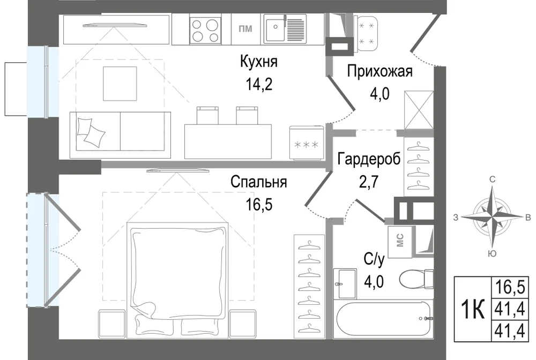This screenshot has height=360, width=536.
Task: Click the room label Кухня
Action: coord(259,62)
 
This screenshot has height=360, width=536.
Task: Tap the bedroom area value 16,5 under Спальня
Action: coord(259,205)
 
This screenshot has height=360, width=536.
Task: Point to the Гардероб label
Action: coord(369,159)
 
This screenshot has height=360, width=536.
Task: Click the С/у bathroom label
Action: coord(374,259)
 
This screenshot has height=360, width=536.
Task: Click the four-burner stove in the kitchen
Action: coord(204,29)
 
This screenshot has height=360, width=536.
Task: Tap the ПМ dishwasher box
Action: coord(245,29)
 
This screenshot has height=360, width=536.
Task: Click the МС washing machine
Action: coord(400,241)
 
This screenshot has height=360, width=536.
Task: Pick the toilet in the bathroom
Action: coord(416,279)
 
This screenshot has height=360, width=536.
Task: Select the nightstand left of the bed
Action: coord(112,324)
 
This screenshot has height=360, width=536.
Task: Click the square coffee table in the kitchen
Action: coord(120,84)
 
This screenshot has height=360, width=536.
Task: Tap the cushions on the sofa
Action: coord(91,132)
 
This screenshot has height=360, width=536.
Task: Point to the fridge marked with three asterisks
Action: coord(307,142)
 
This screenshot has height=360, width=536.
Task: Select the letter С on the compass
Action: coord(493,179)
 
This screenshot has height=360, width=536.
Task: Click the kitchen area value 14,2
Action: coord(259,84)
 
